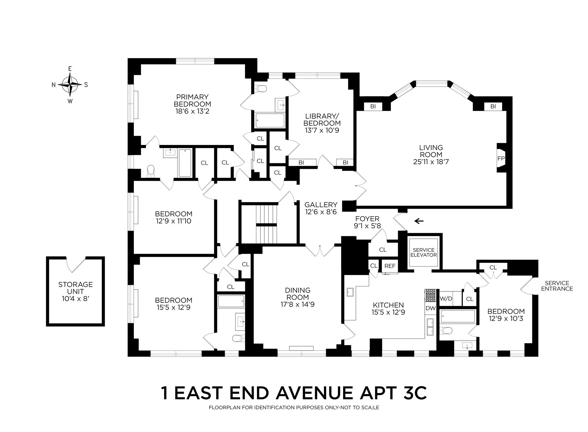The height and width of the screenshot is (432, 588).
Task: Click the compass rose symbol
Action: click(70, 84)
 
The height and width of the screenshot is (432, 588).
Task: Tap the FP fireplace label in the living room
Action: click(501, 159)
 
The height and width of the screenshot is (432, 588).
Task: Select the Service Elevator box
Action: click(424, 252)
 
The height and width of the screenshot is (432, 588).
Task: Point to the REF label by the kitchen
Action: click(390, 266)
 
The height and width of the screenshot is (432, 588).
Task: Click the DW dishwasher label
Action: click(431, 308)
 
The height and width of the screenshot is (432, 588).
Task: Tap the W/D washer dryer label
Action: click(446, 298)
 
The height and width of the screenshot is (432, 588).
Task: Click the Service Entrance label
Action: click(557, 286)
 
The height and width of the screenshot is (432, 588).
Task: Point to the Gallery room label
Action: click(321, 205)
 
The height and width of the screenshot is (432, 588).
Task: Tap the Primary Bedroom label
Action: click(192, 100)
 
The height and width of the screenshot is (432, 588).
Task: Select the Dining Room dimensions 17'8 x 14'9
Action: click(298, 305)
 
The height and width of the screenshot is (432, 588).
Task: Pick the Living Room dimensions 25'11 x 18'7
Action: click(431, 162)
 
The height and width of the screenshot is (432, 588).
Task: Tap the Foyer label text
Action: click(367, 219)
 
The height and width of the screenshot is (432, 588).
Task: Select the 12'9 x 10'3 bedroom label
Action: click(506, 318)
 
